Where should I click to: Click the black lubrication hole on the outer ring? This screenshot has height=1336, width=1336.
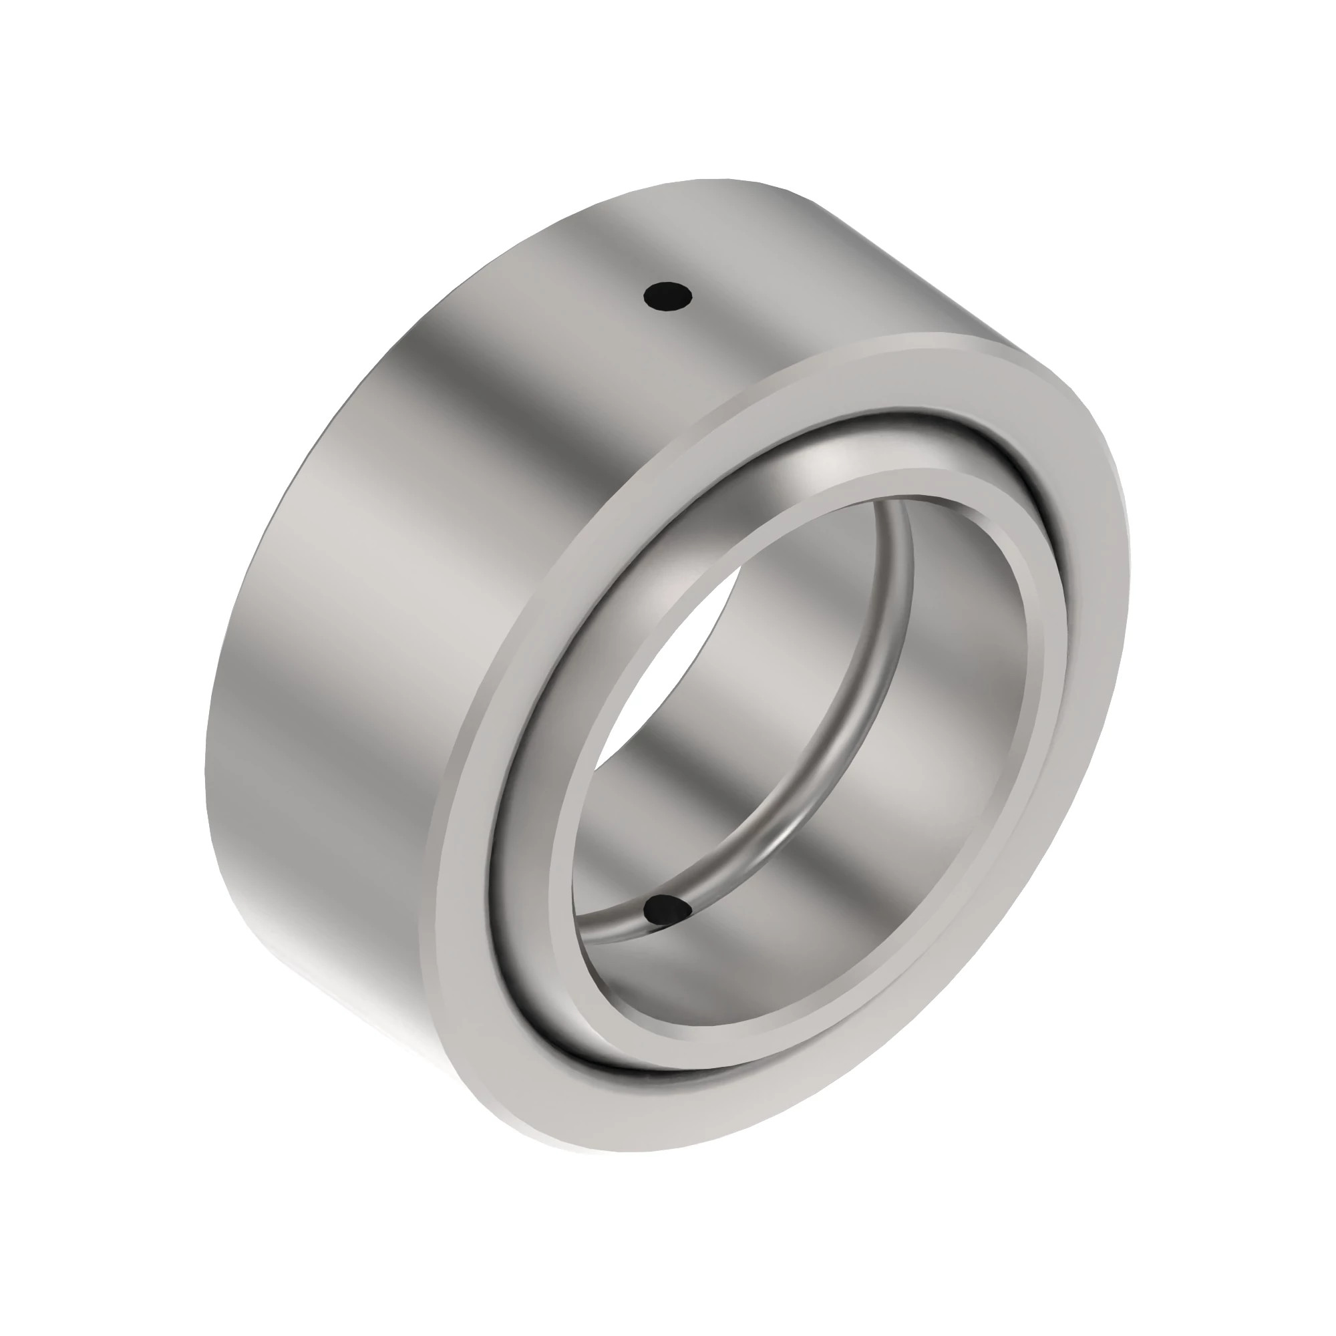(x=667, y=297)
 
